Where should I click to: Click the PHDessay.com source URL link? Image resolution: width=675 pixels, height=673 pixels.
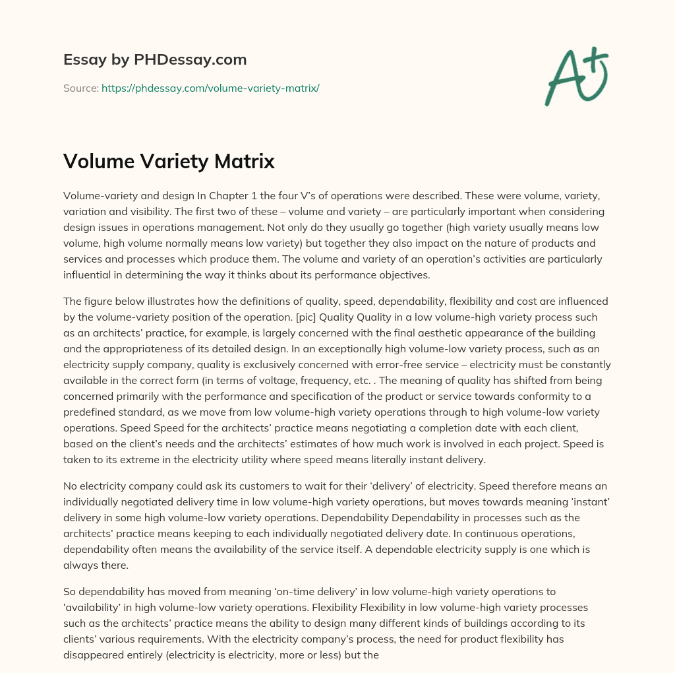[x=210, y=88]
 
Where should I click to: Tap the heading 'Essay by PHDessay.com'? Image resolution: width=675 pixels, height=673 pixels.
[x=155, y=60]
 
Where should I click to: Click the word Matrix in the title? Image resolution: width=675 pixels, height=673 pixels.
[x=245, y=162]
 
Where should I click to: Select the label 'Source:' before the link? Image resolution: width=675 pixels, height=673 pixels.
[x=80, y=88]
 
